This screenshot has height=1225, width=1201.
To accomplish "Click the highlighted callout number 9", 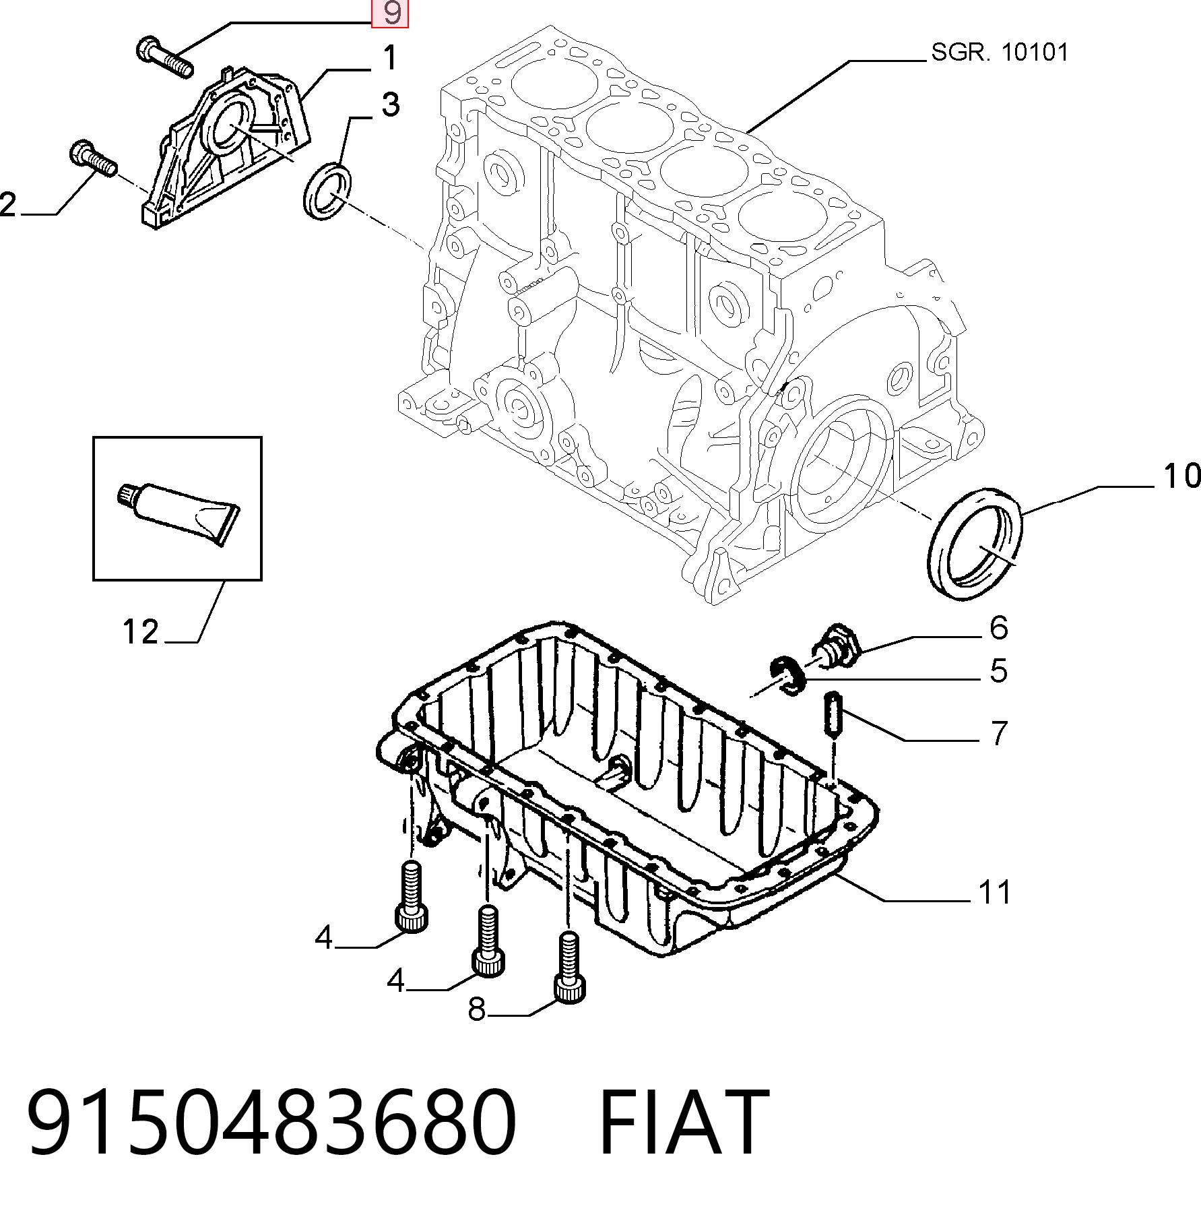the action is (391, 13).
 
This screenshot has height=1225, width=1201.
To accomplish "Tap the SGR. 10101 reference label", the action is (1000, 52).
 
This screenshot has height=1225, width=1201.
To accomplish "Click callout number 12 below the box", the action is (140, 631).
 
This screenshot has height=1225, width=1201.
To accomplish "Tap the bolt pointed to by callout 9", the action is (165, 58).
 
